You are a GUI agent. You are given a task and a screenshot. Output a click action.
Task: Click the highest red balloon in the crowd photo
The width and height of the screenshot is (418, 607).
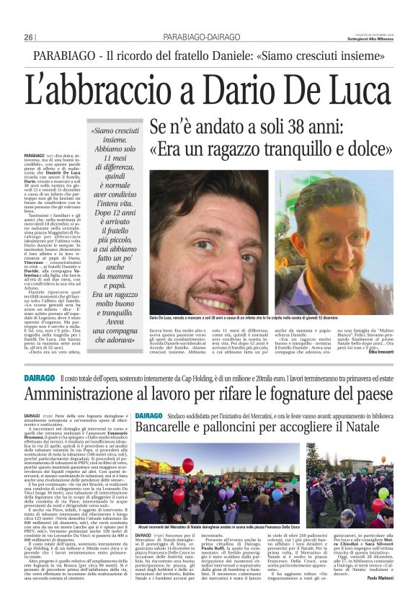[x=188, y=465]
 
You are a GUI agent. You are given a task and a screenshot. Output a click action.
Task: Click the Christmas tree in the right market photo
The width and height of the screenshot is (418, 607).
[x=315, y=461]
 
